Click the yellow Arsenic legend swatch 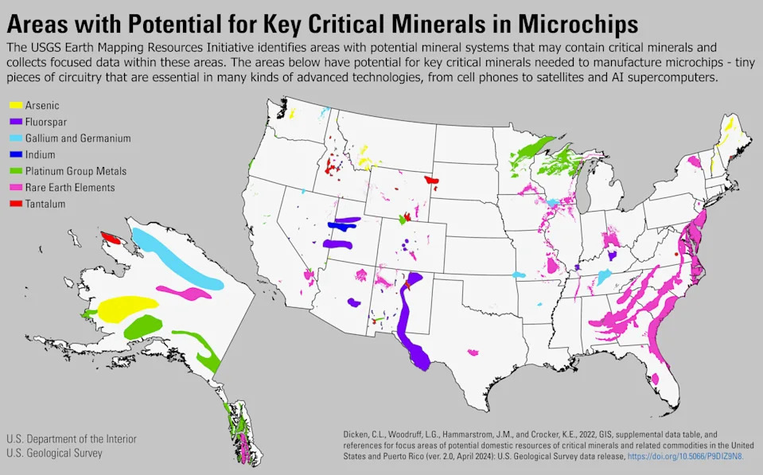click(16, 105)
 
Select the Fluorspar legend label click(46, 122)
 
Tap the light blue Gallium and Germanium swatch click(16, 138)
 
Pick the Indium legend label click(41, 154)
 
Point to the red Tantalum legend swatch click(16, 204)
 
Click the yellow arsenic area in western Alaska click(127, 307)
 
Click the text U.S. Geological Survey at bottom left click(54, 453)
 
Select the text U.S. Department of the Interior click(72, 439)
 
